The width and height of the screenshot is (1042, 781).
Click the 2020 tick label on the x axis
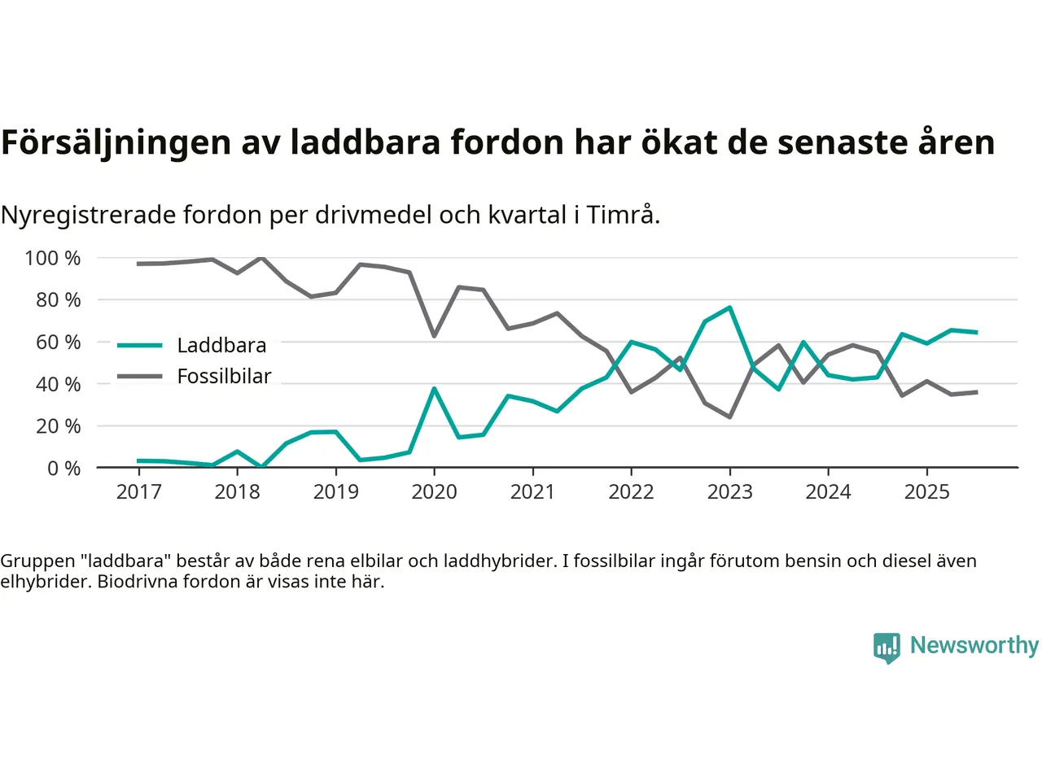434,491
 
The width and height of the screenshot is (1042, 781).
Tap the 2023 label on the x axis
729,491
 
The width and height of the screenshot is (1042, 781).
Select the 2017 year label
138,491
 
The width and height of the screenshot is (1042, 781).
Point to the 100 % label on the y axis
53,258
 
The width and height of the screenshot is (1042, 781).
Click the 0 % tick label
63,468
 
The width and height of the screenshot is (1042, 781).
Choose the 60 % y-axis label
58,342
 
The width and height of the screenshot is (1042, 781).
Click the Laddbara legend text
221,345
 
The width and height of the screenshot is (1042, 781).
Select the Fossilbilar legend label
224,376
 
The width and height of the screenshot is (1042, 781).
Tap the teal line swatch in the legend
140,345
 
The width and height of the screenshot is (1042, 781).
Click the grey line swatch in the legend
140,376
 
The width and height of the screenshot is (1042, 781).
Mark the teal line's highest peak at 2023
729,308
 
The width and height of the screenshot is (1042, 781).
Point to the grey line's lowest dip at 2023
729,417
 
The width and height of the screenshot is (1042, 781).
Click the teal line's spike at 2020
434,389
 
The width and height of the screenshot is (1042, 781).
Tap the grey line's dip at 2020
434,336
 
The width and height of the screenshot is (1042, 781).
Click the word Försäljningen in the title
116,142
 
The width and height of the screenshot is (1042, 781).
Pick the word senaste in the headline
842,142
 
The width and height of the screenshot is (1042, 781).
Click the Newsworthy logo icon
887,648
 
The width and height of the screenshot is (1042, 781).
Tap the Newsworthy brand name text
974,645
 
